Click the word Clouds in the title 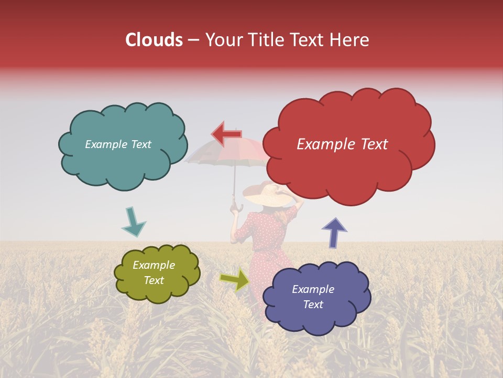(154, 40)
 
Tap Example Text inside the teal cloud (118, 144)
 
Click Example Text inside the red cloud (342, 144)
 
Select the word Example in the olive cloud (154, 266)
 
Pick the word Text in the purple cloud (313, 304)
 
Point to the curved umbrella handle (236, 208)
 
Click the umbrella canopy (225, 155)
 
